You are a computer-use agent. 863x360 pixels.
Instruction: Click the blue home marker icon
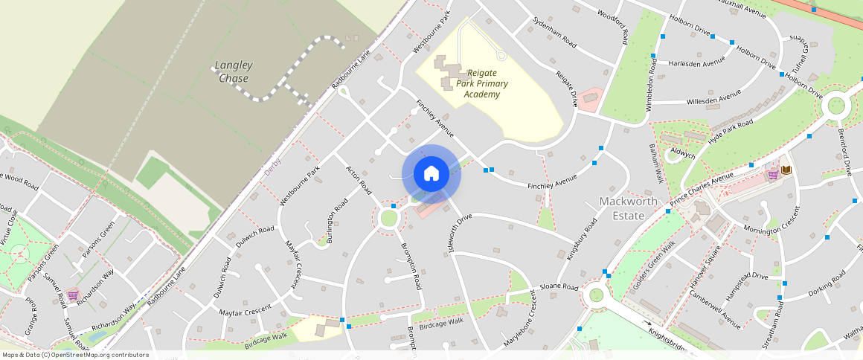(431, 174)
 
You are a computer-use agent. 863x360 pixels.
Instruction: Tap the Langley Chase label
(233, 71)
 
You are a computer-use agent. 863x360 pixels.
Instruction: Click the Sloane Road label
(559, 287)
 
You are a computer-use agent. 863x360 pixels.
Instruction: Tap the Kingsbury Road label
(583, 238)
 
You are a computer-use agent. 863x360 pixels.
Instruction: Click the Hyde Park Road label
(731, 132)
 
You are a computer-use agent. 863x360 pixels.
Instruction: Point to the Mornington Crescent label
(774, 223)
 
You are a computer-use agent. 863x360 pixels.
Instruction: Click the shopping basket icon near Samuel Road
(72, 295)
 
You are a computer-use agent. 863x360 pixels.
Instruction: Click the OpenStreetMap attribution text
(75, 355)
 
